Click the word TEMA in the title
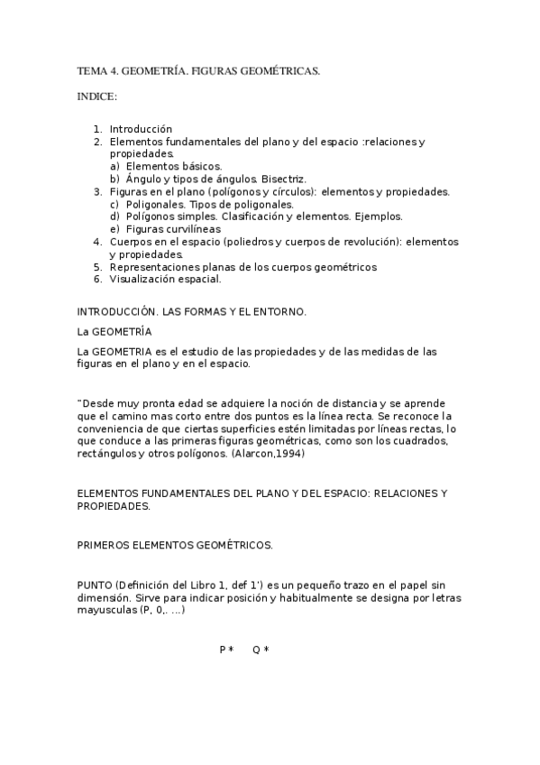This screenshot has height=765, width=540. click(92, 70)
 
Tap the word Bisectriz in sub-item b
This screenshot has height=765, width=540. click(284, 179)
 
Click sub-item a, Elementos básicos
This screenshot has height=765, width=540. click(174, 166)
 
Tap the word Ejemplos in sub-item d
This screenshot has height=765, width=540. click(380, 217)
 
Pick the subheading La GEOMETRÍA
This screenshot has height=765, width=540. click(114, 332)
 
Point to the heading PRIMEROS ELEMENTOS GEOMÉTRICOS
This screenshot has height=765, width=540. click(175, 546)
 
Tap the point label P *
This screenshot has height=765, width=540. click(226, 650)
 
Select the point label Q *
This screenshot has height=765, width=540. click(261, 650)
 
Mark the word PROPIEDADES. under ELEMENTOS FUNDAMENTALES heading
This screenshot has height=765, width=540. click(114, 507)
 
